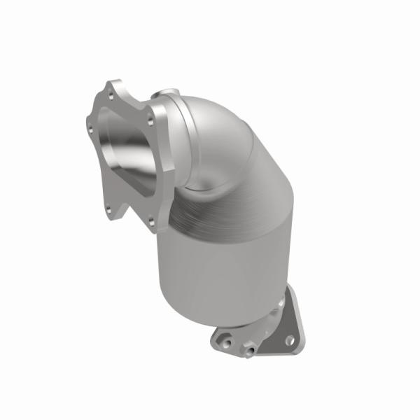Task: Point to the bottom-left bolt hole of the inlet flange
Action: pos(109,207)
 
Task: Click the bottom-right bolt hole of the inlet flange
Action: pos(150,222)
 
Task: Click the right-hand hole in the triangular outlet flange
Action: pos(289,340)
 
